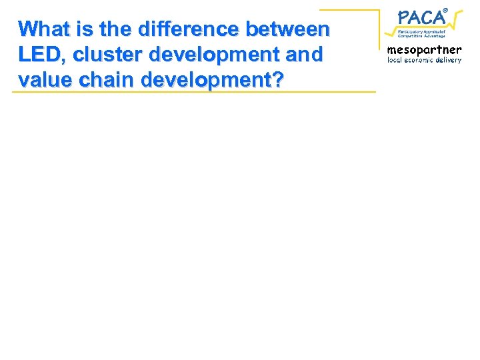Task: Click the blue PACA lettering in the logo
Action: click(x=421, y=17)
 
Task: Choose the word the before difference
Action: click(x=115, y=29)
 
